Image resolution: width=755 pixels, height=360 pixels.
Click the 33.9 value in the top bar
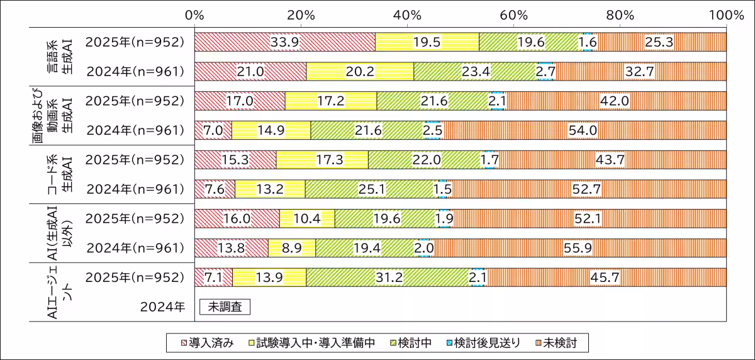(x=284, y=42)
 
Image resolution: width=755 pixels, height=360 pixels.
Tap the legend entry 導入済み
(x=208, y=343)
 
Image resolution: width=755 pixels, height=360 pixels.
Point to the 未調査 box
(x=225, y=307)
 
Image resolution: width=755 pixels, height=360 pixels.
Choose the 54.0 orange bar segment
(x=584, y=130)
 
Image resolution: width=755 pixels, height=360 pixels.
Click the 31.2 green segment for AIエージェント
(x=389, y=278)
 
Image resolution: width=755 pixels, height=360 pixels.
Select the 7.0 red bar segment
(x=213, y=130)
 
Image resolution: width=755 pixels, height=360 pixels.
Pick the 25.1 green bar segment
(x=371, y=189)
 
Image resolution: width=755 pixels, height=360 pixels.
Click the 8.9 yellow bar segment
(x=292, y=248)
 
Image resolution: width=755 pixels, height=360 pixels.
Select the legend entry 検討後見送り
(x=481, y=343)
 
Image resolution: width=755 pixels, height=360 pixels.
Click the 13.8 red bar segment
(x=232, y=248)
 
